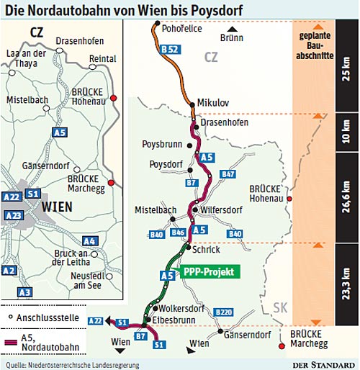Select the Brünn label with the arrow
tap(232, 35)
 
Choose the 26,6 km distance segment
tap(346, 195)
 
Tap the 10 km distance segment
tap(346, 131)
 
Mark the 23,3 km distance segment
tap(346, 286)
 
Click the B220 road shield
tap(224, 312)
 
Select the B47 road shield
tap(229, 175)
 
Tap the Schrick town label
tap(207, 249)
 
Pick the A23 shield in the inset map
tap(12, 215)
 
